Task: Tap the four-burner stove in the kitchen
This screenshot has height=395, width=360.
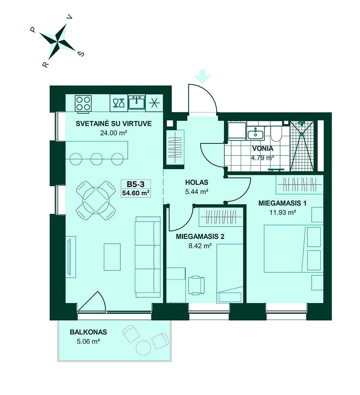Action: pos(83,103)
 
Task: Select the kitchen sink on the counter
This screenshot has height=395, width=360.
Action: pos(137,102)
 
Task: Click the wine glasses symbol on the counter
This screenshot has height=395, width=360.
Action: pos(118,103)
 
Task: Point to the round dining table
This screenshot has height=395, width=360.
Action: pos(96,200)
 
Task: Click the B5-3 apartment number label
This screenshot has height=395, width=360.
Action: pos(136,185)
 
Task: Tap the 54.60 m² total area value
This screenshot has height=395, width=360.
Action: pos(136,193)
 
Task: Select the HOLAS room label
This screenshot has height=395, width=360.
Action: pos(197,182)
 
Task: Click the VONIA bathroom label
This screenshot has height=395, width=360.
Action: pos(263,148)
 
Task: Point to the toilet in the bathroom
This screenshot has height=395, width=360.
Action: pos(276,134)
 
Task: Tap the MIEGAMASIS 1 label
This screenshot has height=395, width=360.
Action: pos(283,203)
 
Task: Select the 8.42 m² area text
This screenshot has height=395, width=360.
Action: pos(200,246)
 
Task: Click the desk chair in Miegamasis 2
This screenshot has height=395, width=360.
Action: pos(197,285)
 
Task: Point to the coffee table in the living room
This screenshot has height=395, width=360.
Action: pos(112,257)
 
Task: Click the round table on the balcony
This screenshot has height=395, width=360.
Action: pos(144,348)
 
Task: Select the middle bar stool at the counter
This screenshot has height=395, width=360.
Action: pos(96,159)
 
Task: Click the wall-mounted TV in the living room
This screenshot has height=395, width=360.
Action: pos(69,257)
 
